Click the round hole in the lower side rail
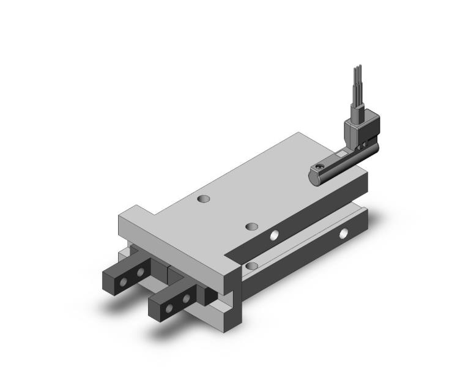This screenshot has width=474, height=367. (346, 233)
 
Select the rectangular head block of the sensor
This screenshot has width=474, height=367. (356, 129)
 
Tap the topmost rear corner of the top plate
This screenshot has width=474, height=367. (299, 133)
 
